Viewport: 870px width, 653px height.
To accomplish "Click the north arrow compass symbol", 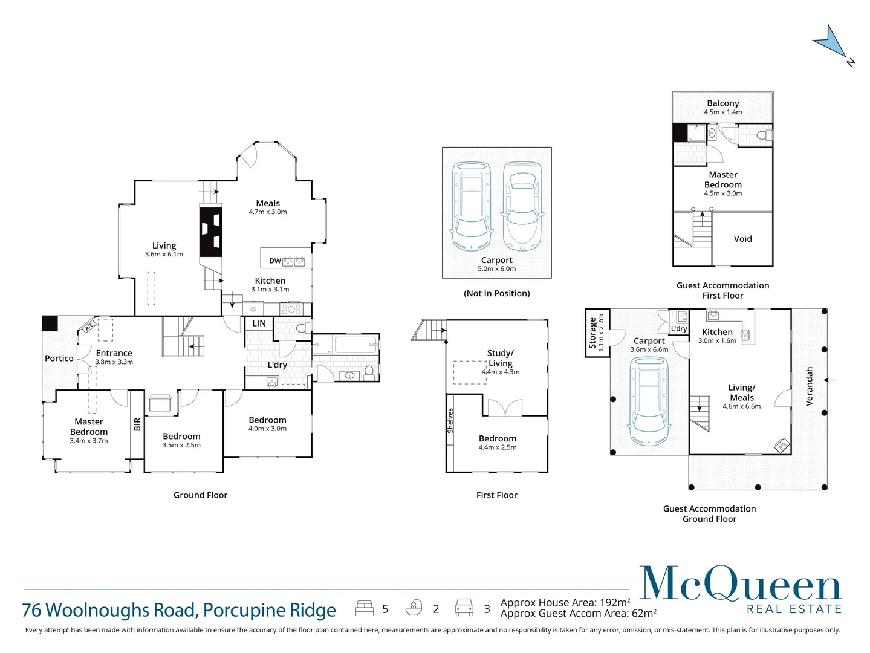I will [x=831, y=42].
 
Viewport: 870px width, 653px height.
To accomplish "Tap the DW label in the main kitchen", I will [x=275, y=261].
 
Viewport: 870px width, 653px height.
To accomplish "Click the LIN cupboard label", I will [x=259, y=323].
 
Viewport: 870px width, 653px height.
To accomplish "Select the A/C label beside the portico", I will [x=89, y=326].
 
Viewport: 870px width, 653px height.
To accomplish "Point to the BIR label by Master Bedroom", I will [x=137, y=424].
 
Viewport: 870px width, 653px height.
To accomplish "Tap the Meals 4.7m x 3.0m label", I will [x=268, y=207].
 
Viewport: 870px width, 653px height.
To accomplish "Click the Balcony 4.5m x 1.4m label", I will [x=722, y=107].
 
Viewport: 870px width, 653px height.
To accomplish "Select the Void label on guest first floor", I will [x=742, y=239].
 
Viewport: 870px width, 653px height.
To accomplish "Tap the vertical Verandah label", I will [x=810, y=386].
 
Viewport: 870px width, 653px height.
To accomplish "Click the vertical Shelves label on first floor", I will [x=450, y=420].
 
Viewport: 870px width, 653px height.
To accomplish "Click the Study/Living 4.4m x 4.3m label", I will [x=500, y=362].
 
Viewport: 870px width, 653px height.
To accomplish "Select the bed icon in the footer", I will [x=365, y=608].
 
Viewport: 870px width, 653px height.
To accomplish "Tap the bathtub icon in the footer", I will [x=414, y=608].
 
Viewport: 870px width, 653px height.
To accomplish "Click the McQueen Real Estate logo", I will [x=741, y=590].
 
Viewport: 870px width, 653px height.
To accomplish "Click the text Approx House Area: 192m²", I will [x=565, y=602].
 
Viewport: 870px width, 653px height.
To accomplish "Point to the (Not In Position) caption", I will [x=496, y=293].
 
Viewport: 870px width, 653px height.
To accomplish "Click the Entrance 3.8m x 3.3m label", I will [x=114, y=357].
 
